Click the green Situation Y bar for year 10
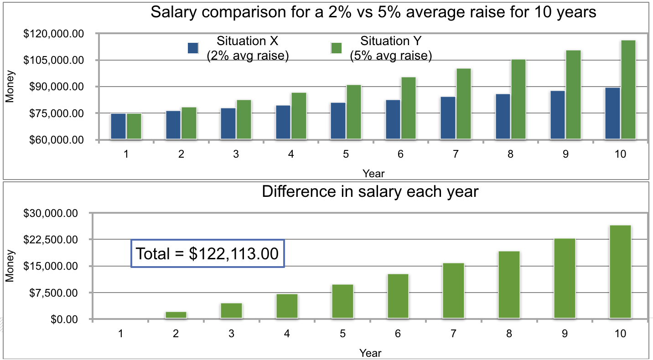point(628,90)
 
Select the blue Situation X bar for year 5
point(338,121)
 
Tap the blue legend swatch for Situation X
point(193,48)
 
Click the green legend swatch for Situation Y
point(336,48)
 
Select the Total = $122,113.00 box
point(207,253)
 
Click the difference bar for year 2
point(176,315)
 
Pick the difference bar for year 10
point(620,272)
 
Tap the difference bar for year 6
point(398,296)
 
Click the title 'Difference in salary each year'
point(370,192)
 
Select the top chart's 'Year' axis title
point(373,174)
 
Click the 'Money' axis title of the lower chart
point(9,267)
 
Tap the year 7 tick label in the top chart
point(455,154)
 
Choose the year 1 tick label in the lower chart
point(120,334)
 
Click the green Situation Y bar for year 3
point(244,119)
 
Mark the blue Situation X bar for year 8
point(503,116)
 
